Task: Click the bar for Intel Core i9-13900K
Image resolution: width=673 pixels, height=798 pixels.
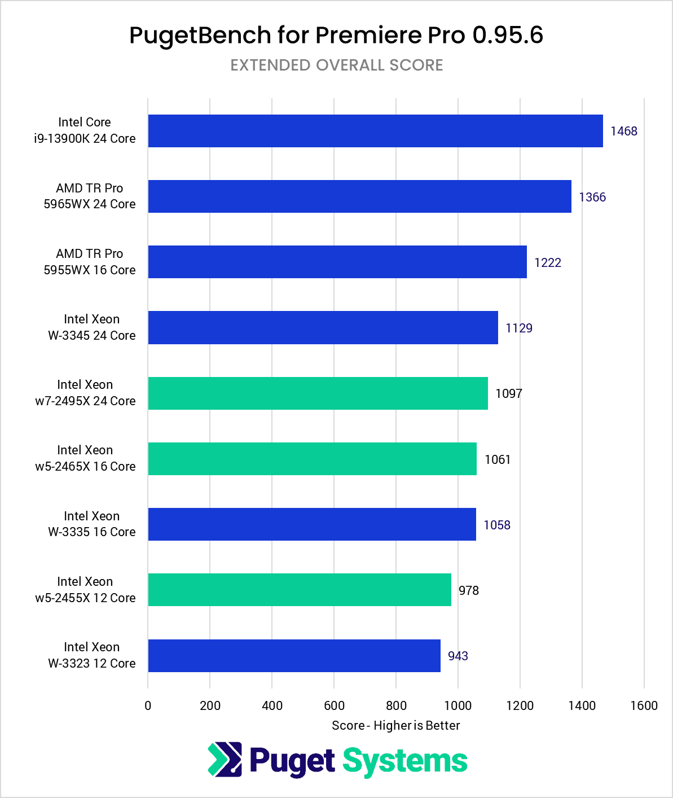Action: click(x=375, y=131)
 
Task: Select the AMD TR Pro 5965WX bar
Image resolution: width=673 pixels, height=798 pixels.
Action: click(x=359, y=196)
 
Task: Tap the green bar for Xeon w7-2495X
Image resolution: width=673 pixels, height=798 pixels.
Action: click(x=318, y=393)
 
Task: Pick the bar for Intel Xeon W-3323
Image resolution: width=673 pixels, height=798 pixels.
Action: click(x=294, y=656)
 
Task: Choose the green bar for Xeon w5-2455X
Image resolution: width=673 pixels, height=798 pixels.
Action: click(x=300, y=590)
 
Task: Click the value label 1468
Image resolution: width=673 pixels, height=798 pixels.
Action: click(x=624, y=131)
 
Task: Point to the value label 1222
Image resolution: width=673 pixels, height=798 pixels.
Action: click(x=548, y=262)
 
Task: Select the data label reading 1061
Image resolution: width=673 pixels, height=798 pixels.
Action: click(x=498, y=459)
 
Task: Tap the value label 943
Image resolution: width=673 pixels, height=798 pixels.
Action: click(x=458, y=656)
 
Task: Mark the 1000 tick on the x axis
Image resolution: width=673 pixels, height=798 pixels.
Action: click(x=458, y=705)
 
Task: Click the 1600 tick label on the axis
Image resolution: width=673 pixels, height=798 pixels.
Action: click(x=644, y=705)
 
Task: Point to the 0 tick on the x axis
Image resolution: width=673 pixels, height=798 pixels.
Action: click(x=148, y=705)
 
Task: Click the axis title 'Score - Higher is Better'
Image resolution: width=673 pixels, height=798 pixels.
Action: click(x=395, y=725)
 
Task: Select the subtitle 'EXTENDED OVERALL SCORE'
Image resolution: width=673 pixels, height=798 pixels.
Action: click(x=337, y=65)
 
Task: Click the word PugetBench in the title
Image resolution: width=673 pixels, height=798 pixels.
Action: click(x=200, y=35)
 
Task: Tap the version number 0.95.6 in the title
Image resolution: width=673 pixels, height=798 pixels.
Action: click(x=508, y=35)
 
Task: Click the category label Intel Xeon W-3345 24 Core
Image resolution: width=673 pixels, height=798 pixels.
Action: click(x=91, y=327)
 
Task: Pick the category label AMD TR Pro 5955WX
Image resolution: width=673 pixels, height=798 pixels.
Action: click(x=90, y=262)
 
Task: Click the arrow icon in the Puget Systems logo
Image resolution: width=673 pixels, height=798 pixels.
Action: click(x=225, y=759)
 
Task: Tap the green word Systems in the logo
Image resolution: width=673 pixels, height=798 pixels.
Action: click(x=405, y=761)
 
